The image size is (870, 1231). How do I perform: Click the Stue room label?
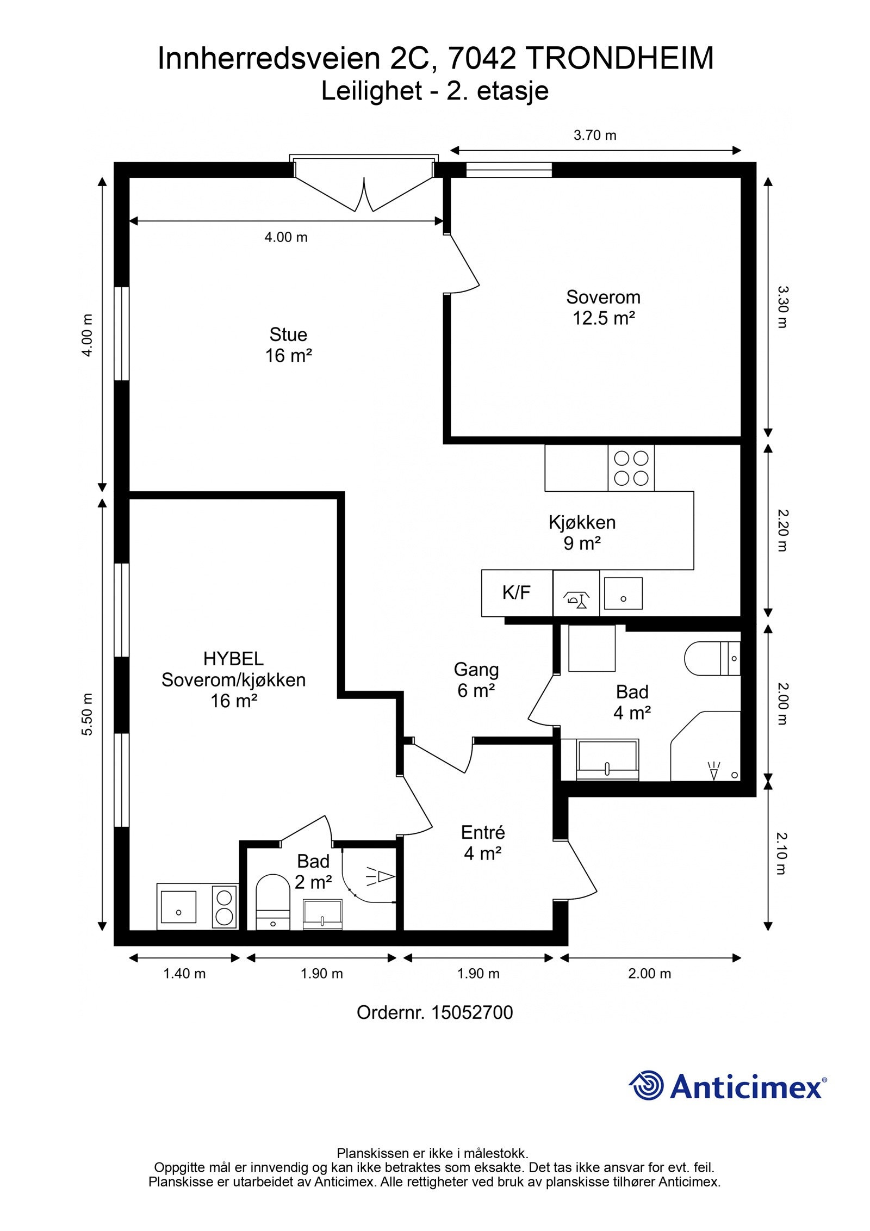(x=288, y=334)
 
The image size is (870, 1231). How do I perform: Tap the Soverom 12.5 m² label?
(x=604, y=307)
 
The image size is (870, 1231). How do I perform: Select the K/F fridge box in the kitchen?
(x=517, y=593)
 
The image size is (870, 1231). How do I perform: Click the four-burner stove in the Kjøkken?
(x=631, y=468)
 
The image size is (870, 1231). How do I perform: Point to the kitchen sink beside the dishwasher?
(x=623, y=593)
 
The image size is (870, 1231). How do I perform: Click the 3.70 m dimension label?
(x=595, y=135)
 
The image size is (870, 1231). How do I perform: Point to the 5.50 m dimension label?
(x=87, y=715)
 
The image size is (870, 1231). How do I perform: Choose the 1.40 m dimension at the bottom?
(x=184, y=974)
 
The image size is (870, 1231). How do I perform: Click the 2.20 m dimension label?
(x=782, y=530)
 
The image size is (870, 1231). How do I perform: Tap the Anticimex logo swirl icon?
(x=647, y=1085)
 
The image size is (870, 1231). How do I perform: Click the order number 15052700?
(x=472, y=1013)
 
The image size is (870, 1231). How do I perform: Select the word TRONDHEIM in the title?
(x=620, y=59)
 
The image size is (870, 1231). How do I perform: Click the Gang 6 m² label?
(x=476, y=680)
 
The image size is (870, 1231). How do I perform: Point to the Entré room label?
(x=483, y=832)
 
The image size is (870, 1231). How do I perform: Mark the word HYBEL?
(x=233, y=659)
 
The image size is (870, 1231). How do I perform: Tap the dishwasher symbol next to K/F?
(x=576, y=593)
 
